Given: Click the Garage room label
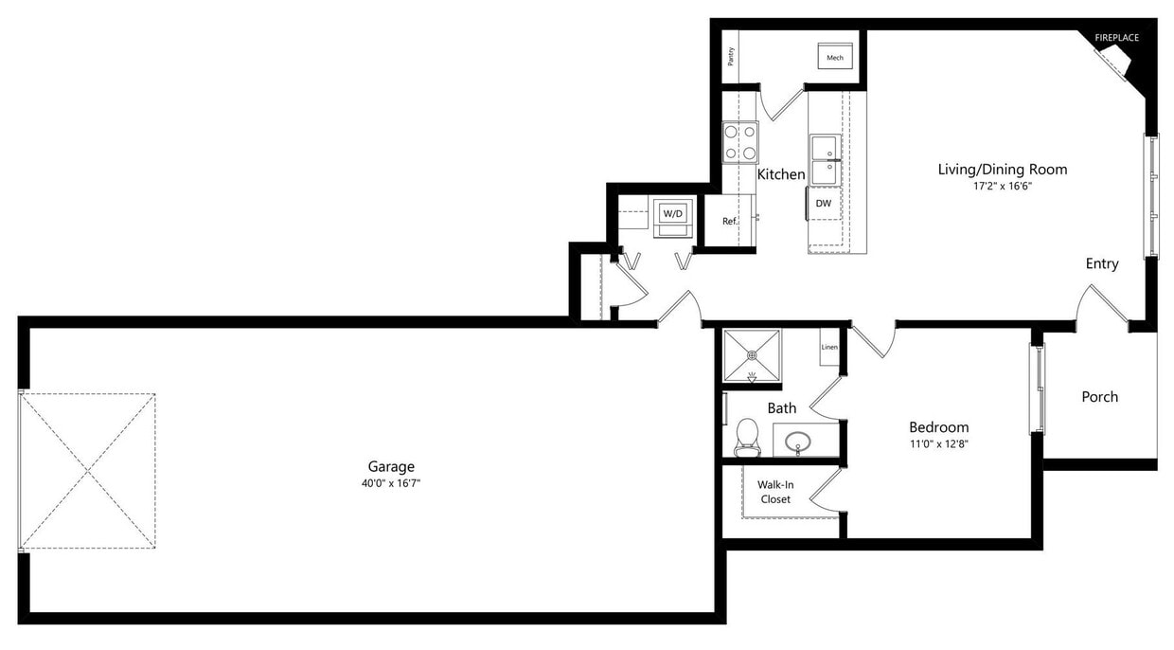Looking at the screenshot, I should [391, 466].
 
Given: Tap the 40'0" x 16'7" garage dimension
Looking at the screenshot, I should [391, 483].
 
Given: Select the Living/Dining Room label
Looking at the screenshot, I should [1002, 170].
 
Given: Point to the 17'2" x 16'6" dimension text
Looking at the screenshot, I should [1002, 187].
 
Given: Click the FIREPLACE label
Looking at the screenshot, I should [1116, 38].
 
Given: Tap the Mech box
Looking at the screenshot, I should [835, 57].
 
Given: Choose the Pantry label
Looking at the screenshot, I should [731, 57].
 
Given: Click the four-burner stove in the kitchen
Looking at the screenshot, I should [740, 142].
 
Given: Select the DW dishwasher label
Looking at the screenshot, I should [824, 204].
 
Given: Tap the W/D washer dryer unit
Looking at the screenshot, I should [672, 214].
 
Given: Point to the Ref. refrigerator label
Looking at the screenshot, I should [729, 222].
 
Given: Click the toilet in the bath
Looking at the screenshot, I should [747, 436].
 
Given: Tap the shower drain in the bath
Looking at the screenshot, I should [752, 355].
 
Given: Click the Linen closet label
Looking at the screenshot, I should [829, 348].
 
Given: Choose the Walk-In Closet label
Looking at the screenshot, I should [774, 492].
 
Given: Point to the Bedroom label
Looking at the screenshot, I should [938, 427].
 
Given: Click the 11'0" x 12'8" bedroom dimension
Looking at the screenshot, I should [938, 443].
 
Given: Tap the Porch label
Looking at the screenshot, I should [1099, 397].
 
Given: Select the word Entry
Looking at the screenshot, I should [1102, 264].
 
